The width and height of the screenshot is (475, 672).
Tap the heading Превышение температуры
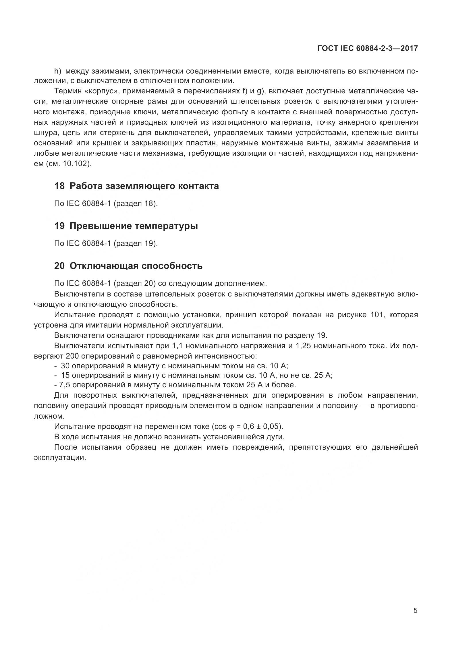[x=134, y=226]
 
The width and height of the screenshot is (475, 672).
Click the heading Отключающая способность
[x=136, y=266]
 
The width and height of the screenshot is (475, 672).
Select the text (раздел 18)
[x=136, y=203]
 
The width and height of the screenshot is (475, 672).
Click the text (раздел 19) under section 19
[x=136, y=243]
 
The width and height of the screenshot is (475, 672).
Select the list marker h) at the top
[x=58, y=71]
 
